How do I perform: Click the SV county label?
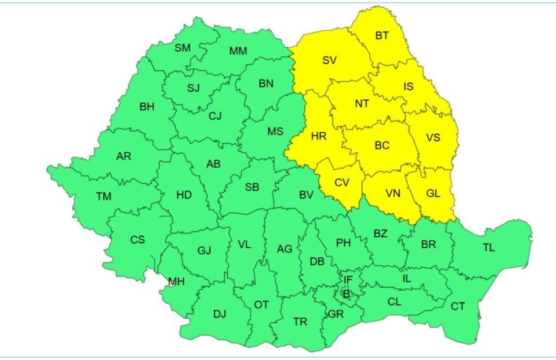pos(329,61)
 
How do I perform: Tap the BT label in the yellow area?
pos(382,36)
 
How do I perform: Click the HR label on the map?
pos(318,136)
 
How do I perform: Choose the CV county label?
pos(341,183)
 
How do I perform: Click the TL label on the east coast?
pos(488,248)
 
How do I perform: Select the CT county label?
pos(458,306)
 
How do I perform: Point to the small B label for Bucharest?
pos(346,294)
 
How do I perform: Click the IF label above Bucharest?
pos(348,280)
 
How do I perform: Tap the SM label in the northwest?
pos(182,47)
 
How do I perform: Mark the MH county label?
pos(176,281)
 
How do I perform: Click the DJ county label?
pos(220,314)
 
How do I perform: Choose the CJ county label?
pos(215,116)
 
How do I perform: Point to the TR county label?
pos(300,322)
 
